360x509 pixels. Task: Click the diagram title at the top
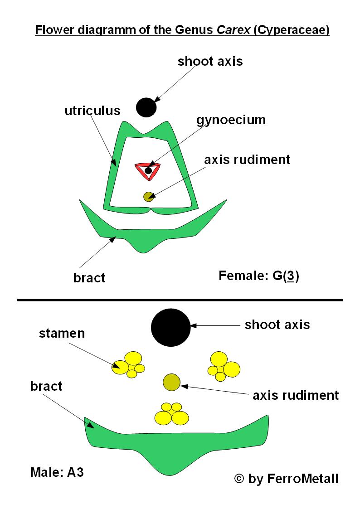tap(182, 31)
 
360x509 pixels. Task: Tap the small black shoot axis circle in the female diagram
tap(146, 107)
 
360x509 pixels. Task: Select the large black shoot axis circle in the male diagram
tap(170, 327)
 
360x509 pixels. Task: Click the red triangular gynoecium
tap(148, 170)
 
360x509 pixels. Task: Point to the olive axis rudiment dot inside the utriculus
tap(148, 196)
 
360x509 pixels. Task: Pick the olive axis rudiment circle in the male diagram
tap(172, 382)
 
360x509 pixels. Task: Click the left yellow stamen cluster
tap(128, 364)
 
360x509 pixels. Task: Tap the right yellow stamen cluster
tap(224, 366)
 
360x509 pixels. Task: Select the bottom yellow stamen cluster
tap(172, 414)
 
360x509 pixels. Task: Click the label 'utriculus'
tap(92, 111)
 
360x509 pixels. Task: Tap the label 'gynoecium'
tap(231, 120)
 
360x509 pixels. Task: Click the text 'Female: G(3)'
tap(258, 276)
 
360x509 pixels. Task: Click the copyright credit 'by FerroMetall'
tap(286, 479)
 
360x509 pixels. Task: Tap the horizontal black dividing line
tap(180, 300)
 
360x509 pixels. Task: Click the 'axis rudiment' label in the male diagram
tap(295, 395)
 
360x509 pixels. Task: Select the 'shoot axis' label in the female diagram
tap(210, 61)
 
